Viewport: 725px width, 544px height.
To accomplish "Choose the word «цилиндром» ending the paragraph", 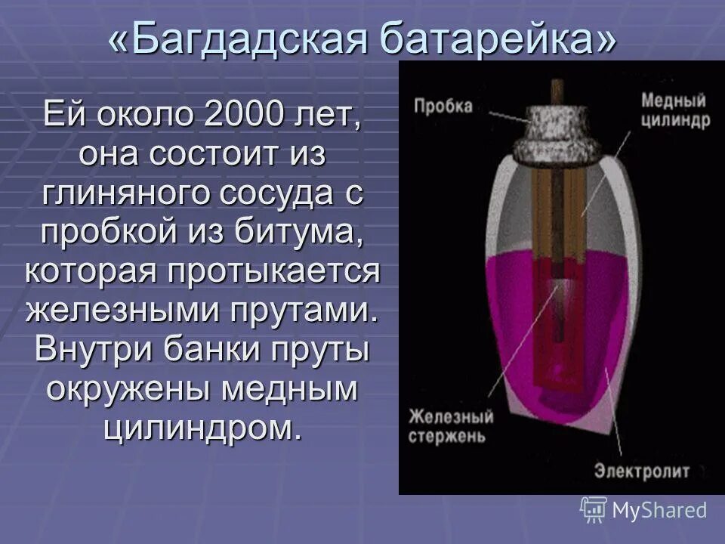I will point(203,428).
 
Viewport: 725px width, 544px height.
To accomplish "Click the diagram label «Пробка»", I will point(443,106).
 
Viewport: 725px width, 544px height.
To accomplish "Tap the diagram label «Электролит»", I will point(641,472).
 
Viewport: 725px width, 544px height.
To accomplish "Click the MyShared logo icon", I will point(594,509).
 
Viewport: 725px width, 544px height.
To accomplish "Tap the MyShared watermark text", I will point(659,510).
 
